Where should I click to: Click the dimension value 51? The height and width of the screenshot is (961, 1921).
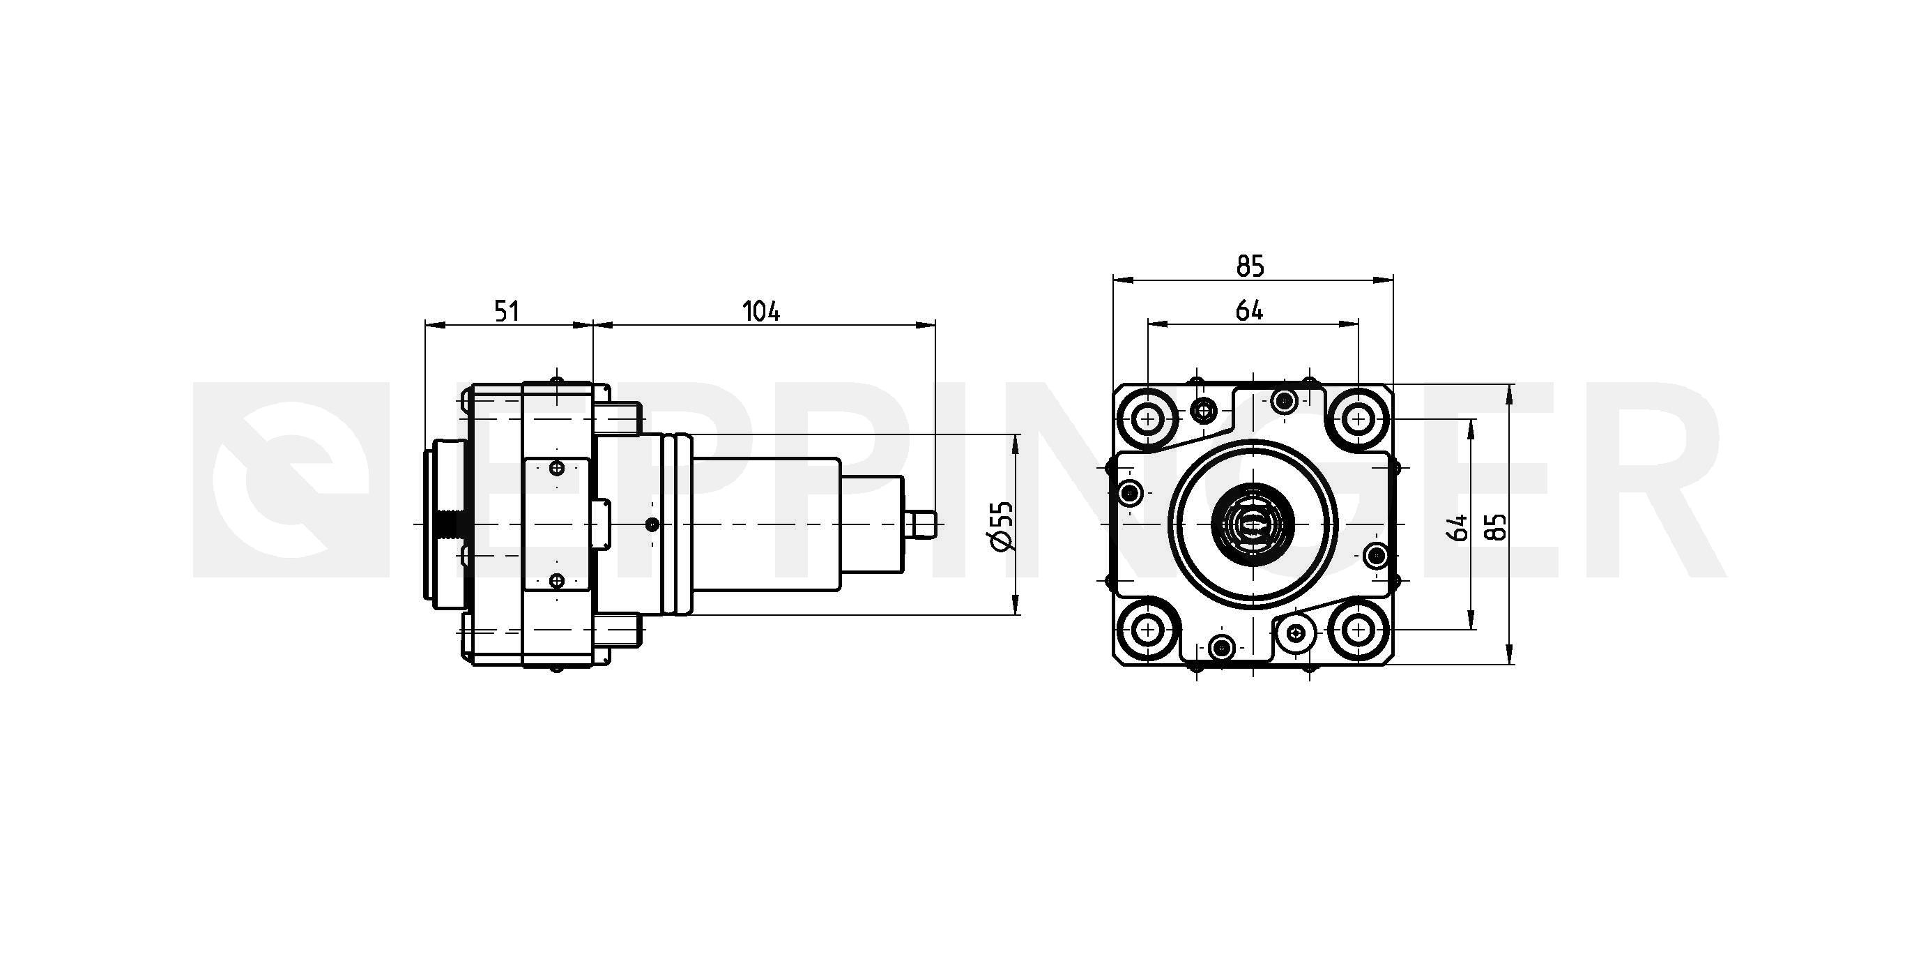507,310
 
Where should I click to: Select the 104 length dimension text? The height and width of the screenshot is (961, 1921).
761,310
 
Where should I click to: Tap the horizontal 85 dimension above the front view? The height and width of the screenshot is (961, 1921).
1250,266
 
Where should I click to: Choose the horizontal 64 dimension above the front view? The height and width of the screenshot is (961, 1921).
1250,310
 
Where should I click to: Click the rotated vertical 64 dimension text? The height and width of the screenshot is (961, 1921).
1457,527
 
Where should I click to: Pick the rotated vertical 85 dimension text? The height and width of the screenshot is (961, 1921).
1497,526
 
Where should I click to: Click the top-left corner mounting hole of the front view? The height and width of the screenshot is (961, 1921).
1147,419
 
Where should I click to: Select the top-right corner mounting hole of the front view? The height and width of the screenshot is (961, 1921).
1358,419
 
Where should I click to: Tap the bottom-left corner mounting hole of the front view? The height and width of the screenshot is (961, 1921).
1147,631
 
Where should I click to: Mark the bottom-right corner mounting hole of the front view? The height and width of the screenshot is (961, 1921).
1358,631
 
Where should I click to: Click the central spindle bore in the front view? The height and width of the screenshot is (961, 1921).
1252,525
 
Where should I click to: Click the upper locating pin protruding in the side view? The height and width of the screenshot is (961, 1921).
618,418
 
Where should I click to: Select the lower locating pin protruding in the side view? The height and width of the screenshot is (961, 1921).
618,631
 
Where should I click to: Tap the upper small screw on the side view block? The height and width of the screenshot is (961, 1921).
556,469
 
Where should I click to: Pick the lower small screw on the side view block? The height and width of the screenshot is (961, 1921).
556,580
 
